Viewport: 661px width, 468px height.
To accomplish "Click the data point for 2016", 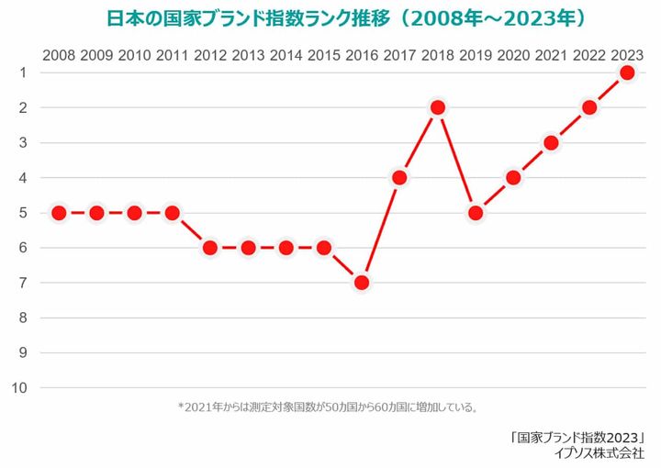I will coord(362,283).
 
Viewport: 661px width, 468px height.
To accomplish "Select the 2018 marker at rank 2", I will coord(438,107).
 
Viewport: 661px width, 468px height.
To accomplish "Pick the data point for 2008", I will coord(59,213).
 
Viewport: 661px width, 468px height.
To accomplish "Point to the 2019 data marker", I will coord(476,213).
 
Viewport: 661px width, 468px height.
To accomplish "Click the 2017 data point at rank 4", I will coord(399,177).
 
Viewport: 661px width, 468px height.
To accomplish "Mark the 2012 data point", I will coord(210,248).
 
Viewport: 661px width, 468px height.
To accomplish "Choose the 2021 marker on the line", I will coord(552,142).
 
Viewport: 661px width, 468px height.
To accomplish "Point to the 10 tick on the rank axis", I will coord(19,388).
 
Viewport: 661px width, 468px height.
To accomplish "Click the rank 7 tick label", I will coord(21,283).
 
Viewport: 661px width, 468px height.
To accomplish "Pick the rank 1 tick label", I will coord(21,72).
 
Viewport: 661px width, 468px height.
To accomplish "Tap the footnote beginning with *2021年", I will coord(329,407).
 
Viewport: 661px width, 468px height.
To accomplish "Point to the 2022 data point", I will coord(589,107).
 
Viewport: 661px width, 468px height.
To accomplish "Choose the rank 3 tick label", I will coord(21,142).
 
